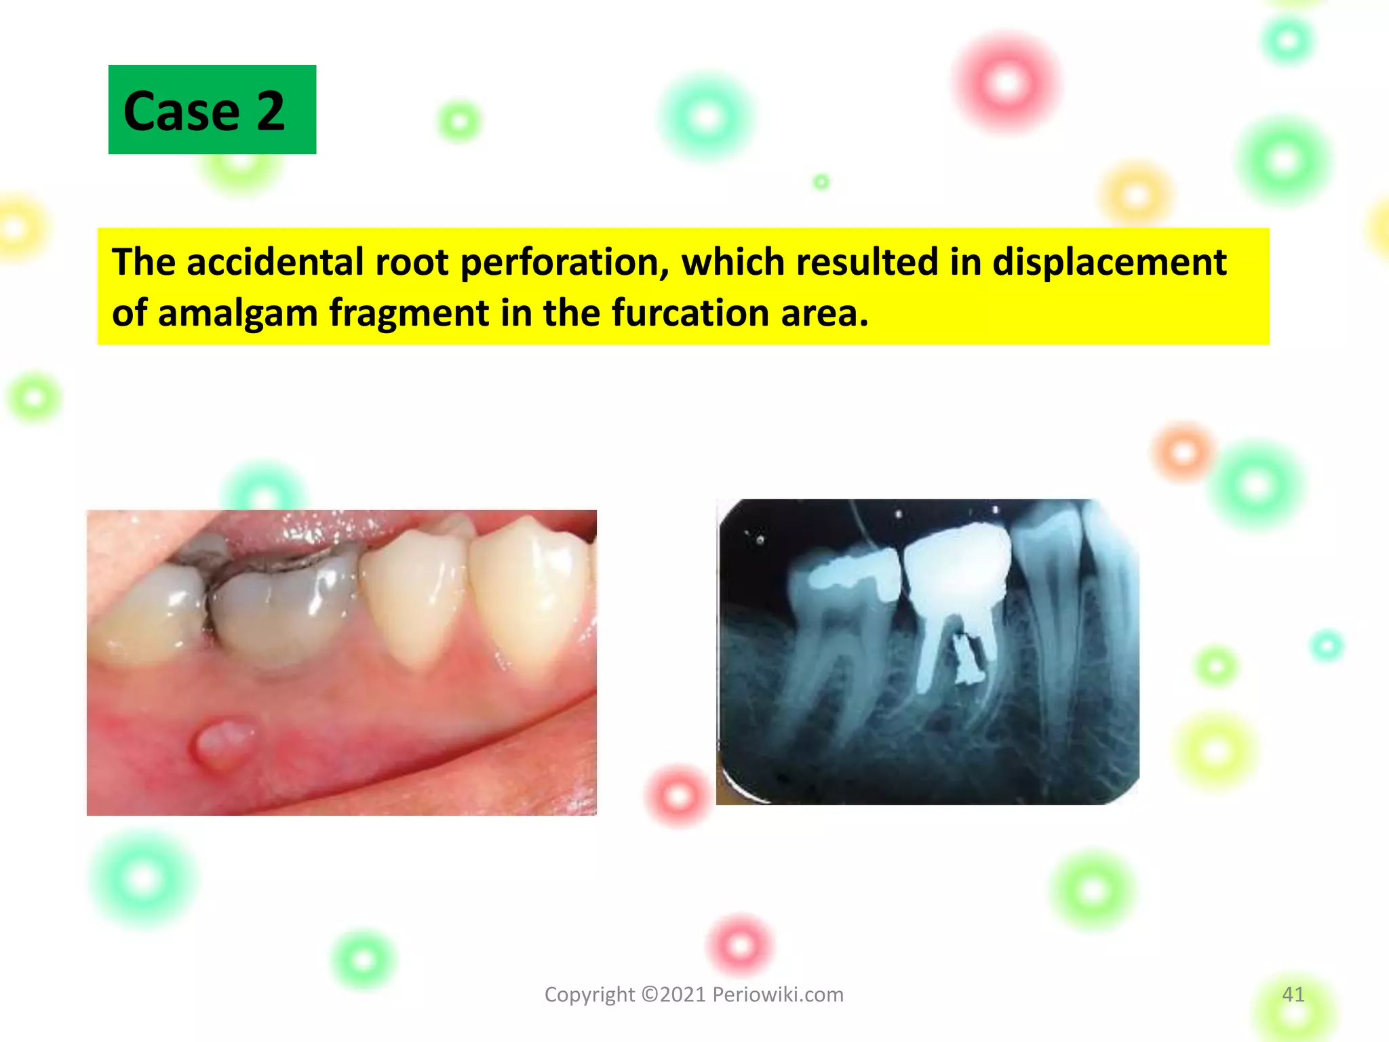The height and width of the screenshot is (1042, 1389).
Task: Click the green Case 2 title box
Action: point(212,109)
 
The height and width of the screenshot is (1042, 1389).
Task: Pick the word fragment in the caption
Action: point(409,313)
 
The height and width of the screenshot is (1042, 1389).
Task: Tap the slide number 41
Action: point(1293,995)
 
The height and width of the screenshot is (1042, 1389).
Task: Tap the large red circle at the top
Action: point(1006,83)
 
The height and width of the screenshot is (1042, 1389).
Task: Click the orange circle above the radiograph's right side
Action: point(1183,451)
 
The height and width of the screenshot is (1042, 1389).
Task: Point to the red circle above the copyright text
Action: point(740,945)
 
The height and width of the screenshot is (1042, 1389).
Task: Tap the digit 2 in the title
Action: point(270,111)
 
